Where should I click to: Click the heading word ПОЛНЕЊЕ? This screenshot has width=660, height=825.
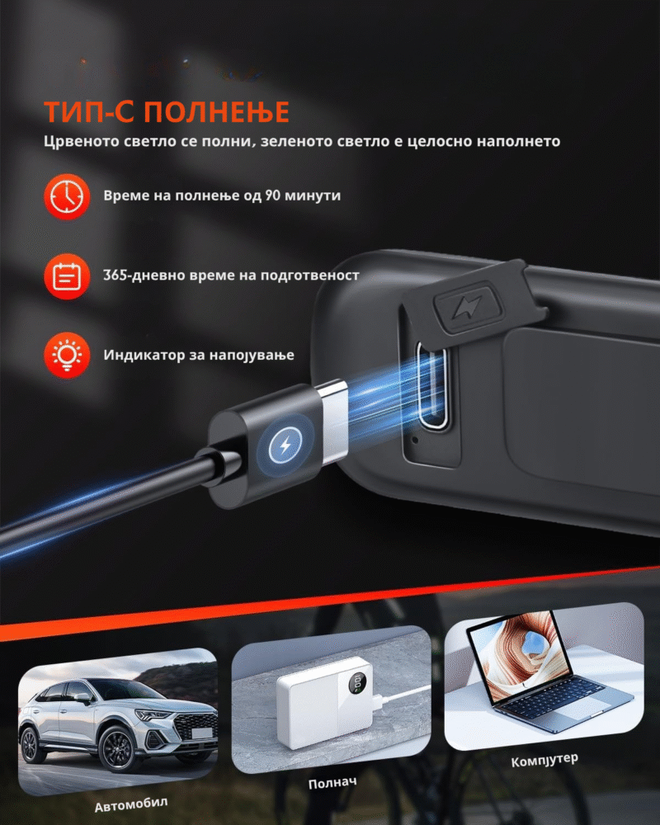pyautogui.click(x=216, y=111)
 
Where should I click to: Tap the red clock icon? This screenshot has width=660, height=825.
pyautogui.click(x=67, y=196)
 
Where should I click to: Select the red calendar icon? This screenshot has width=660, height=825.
pyautogui.click(x=67, y=276)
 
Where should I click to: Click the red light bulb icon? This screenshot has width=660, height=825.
pyautogui.click(x=67, y=355)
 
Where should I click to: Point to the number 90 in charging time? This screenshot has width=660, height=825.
pyautogui.click(x=272, y=196)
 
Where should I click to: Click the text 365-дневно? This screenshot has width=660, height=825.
pyautogui.click(x=140, y=276)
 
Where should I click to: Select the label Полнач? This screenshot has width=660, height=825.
pyautogui.click(x=332, y=782)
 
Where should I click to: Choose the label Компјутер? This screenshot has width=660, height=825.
pyautogui.click(x=544, y=760)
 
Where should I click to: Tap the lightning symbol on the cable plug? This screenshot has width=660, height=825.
pyautogui.click(x=285, y=446)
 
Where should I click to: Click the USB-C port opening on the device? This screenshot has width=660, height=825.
pyautogui.click(x=431, y=384)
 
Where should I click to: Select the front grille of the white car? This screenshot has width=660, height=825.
pyautogui.click(x=196, y=725)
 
